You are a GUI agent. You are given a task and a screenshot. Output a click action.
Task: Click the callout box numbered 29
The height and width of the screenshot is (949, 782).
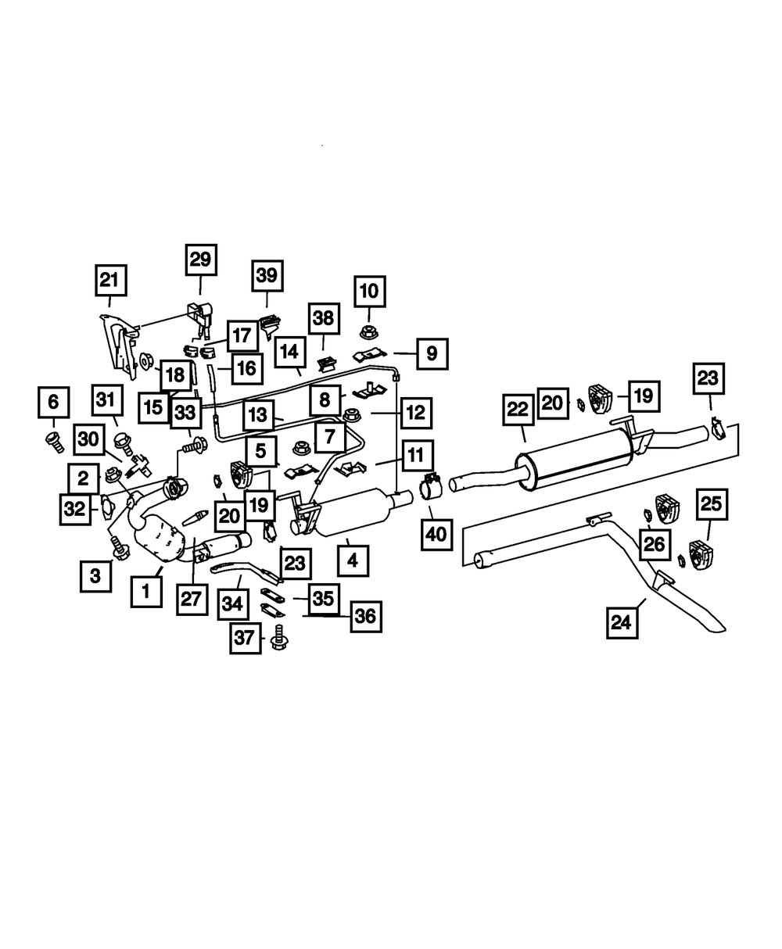click(200, 260)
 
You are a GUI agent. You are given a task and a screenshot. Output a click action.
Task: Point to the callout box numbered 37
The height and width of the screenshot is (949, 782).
click(246, 639)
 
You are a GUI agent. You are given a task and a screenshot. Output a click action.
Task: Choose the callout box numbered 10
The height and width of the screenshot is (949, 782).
click(369, 292)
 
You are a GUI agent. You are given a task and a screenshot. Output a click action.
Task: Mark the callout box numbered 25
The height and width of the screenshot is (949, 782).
click(711, 505)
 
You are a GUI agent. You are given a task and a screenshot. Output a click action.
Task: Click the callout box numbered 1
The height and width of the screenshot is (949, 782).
click(145, 592)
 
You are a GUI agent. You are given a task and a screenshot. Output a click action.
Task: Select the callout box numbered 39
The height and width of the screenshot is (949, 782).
click(267, 276)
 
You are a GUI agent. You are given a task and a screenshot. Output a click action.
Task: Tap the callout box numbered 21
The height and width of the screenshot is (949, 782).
click(110, 280)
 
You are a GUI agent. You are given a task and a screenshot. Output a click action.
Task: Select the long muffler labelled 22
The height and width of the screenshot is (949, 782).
click(575, 460)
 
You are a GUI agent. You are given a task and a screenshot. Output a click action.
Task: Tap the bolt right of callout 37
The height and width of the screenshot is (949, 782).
click(277, 640)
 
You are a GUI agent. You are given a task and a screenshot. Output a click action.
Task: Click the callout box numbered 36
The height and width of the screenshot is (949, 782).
click(364, 617)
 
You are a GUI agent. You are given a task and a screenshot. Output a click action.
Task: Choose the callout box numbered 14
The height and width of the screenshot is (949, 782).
click(290, 353)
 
